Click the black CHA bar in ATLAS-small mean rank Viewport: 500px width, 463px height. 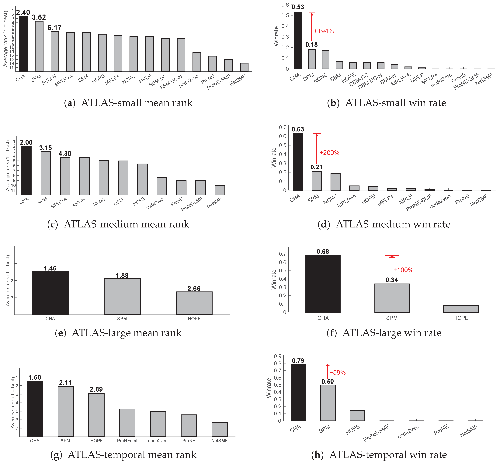click(23, 44)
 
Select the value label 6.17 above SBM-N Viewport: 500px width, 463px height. click(54, 28)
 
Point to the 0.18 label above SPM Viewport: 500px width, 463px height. click(311, 45)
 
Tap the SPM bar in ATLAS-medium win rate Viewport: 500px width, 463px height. click(316, 181)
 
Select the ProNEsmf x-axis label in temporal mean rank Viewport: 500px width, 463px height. click(127, 441)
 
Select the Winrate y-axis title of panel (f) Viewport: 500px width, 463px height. click(274, 280)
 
